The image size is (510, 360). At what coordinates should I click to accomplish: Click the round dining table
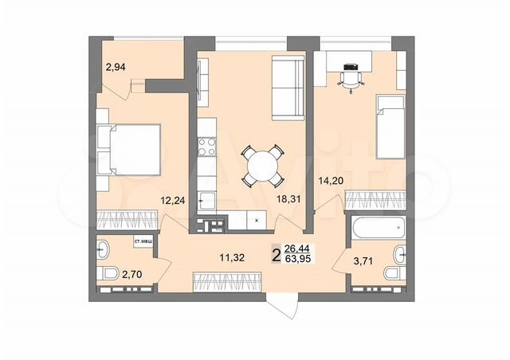click(x=261, y=165)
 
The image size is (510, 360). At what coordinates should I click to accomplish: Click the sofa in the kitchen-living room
click(x=287, y=86)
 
